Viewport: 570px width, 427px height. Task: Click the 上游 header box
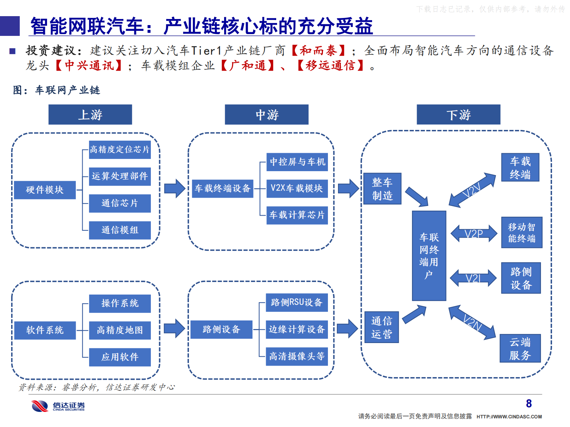90,115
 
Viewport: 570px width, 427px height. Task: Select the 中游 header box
267,115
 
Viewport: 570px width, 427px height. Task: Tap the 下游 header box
458,115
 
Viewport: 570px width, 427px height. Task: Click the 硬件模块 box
45,190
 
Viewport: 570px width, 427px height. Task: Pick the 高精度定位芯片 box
120,150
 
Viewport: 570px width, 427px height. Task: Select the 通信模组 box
120,230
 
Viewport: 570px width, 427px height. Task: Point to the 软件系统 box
45,330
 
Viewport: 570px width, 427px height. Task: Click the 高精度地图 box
120,330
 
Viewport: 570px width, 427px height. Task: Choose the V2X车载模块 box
297,188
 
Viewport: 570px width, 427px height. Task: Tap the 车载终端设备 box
223,188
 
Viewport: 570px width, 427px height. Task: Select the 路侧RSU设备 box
297,302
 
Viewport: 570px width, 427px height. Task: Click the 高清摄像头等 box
297,356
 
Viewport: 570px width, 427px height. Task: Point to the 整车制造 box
382,189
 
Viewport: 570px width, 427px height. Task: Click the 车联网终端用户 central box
429,255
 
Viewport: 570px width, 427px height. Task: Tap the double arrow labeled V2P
474,234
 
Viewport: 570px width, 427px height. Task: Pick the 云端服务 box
520,349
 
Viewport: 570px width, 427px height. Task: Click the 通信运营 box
381,327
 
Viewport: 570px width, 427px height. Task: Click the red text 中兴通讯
89,66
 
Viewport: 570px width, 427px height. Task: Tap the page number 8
529,404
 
